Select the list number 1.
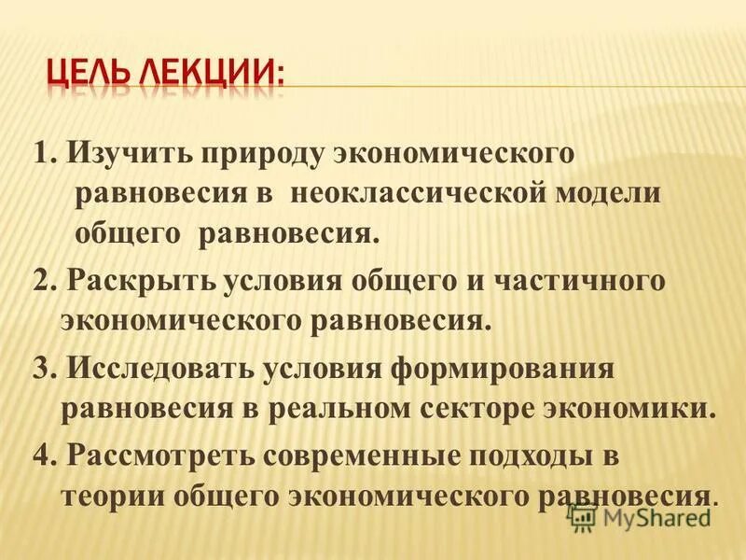pos(41,154)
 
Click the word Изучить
pos(112,154)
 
